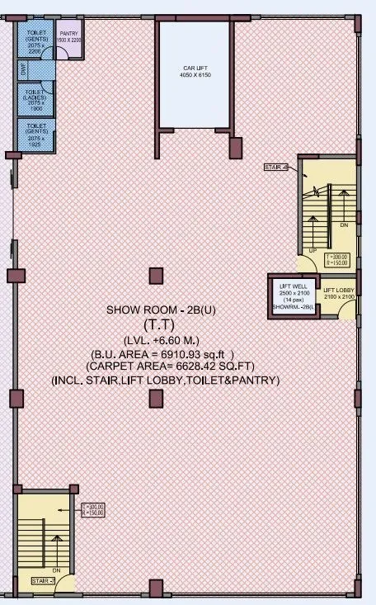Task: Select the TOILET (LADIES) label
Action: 35,99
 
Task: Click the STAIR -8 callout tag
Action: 276,168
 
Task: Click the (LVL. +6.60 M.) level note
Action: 155,340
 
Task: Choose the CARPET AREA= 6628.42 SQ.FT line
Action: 165,366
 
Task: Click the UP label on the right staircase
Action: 313,250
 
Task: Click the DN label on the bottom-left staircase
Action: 55,570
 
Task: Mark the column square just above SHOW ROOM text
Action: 154,276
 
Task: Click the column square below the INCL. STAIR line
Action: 154,400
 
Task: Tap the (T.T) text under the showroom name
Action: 155,325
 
